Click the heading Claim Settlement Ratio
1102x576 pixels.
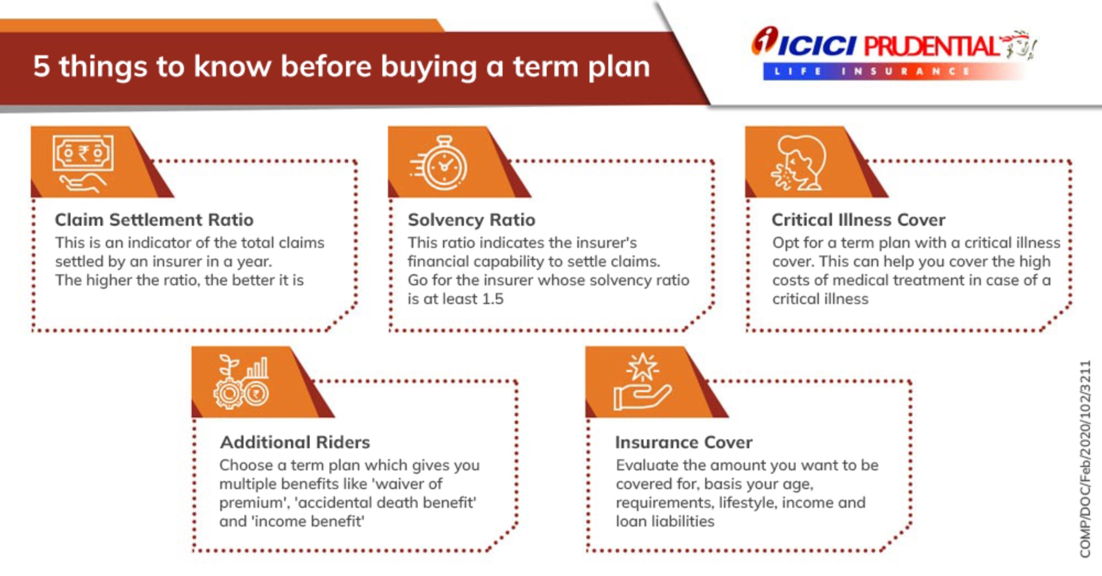[154, 220]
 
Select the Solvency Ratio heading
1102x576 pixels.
[472, 220]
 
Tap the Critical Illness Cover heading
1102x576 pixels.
[858, 220]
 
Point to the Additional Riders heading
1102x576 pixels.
[295, 442]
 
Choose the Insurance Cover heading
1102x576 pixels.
[684, 442]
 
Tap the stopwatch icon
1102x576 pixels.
[439, 163]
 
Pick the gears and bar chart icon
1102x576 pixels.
[241, 382]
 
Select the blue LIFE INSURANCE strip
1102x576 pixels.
[893, 72]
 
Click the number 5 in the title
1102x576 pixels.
[41, 66]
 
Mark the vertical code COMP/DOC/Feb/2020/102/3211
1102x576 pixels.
[1085, 459]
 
